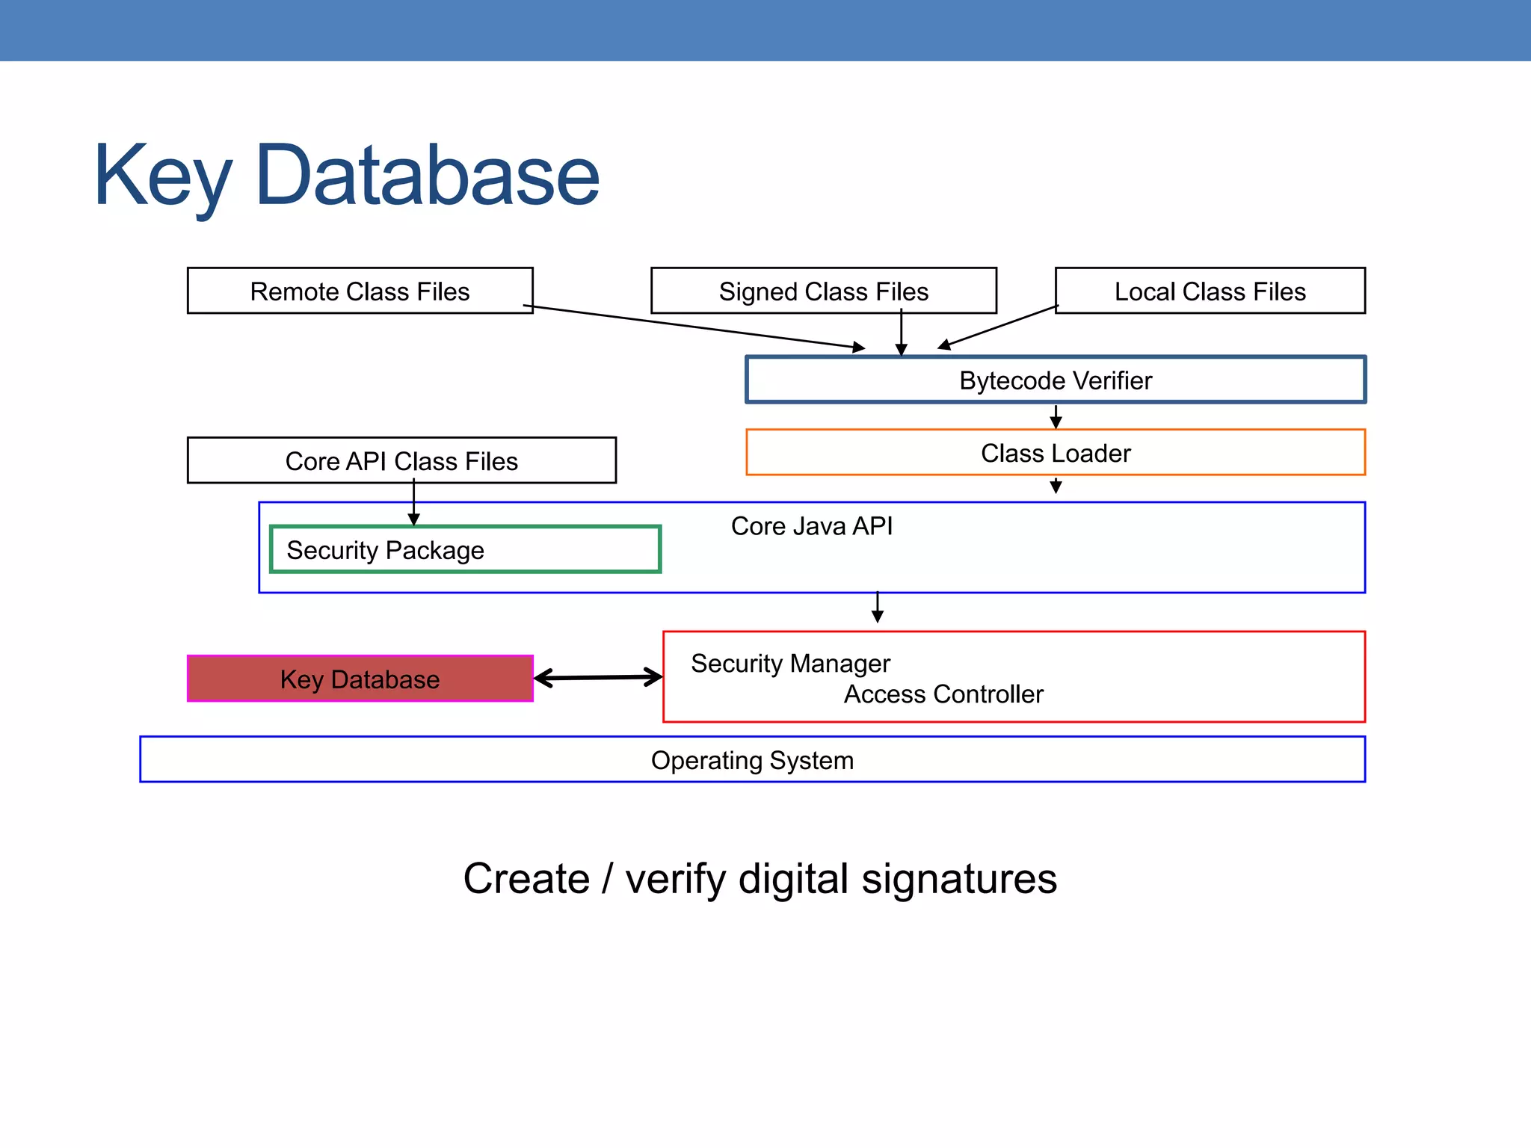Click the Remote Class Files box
[x=360, y=291]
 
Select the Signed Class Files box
[x=823, y=291]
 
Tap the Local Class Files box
[x=1210, y=291]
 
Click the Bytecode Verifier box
[x=1055, y=380]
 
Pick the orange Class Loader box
[x=1055, y=453]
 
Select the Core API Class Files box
[x=401, y=460]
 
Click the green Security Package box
[x=464, y=550]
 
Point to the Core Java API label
[x=811, y=526]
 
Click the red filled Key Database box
[x=360, y=679]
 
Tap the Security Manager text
[x=790, y=664]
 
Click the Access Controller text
[x=943, y=694]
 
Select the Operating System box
[x=751, y=760]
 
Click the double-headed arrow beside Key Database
[x=598, y=678]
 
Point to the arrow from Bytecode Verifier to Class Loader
[x=1056, y=416]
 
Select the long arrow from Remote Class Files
[x=695, y=327]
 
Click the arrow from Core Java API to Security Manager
[x=878, y=607]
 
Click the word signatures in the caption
[x=959, y=879]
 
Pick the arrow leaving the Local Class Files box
[x=998, y=327]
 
